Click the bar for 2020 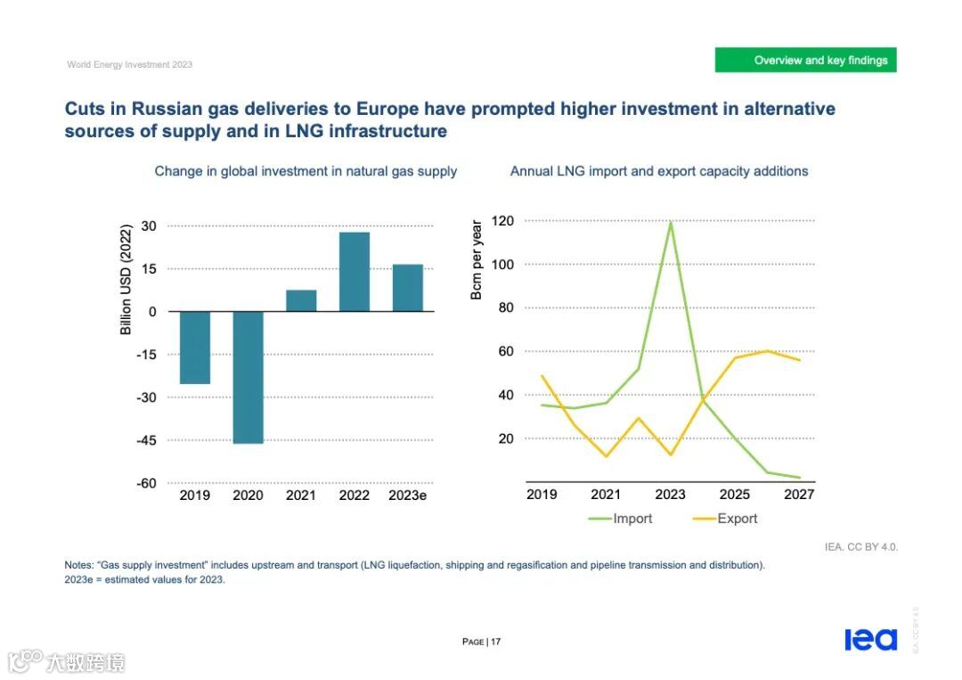coord(248,377)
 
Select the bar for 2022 coord(355,271)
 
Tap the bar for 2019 coord(195,348)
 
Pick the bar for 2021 coord(301,300)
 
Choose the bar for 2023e coord(408,287)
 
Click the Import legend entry coord(621,519)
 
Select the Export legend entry coord(726,519)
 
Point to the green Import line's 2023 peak coord(670,222)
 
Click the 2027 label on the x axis coord(799,495)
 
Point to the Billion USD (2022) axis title coord(126,280)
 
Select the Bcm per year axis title coord(477,259)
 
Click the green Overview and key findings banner coord(805,61)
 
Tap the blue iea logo coord(870,639)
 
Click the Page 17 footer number coord(482,642)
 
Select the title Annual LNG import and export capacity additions coord(659,171)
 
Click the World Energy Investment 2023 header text coord(130,64)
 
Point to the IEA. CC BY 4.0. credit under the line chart coord(861,546)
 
